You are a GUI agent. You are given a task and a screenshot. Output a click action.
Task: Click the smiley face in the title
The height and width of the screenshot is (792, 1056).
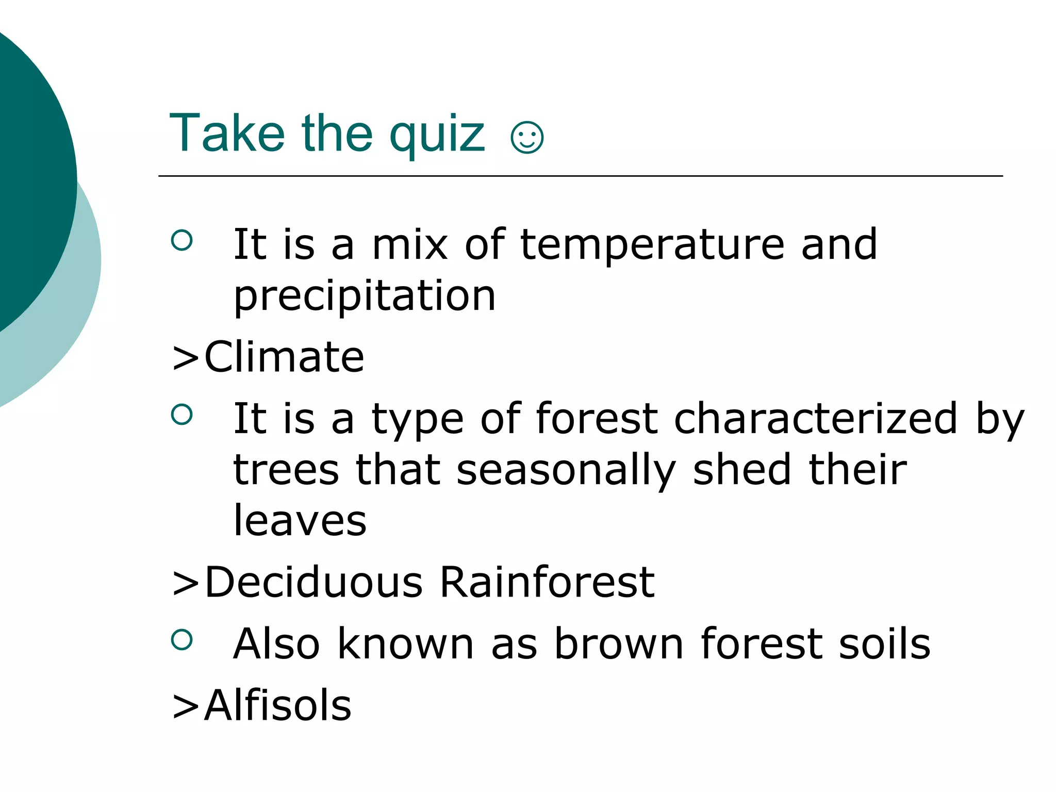[x=526, y=137]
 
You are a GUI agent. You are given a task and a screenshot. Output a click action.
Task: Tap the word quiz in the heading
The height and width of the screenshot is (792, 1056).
[x=437, y=135]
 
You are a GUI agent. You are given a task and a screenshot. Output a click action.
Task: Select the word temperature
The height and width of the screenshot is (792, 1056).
[x=652, y=245]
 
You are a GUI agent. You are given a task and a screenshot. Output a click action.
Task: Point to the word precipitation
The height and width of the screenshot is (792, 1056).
[x=365, y=296]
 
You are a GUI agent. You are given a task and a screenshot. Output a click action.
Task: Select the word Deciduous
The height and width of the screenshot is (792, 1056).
[x=313, y=582]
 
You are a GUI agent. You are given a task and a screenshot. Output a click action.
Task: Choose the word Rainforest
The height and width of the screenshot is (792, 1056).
[x=547, y=582]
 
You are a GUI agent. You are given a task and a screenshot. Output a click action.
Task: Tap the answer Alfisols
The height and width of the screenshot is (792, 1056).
[x=277, y=705]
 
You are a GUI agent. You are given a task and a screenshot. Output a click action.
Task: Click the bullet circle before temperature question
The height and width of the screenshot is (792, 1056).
[x=181, y=240]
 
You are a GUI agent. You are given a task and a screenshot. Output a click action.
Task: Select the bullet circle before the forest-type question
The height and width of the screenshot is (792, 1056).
[x=181, y=414]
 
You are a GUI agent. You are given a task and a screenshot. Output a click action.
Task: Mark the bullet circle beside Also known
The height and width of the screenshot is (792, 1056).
[x=181, y=639]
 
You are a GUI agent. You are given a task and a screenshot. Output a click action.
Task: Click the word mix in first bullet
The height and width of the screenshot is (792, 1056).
[x=410, y=244]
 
